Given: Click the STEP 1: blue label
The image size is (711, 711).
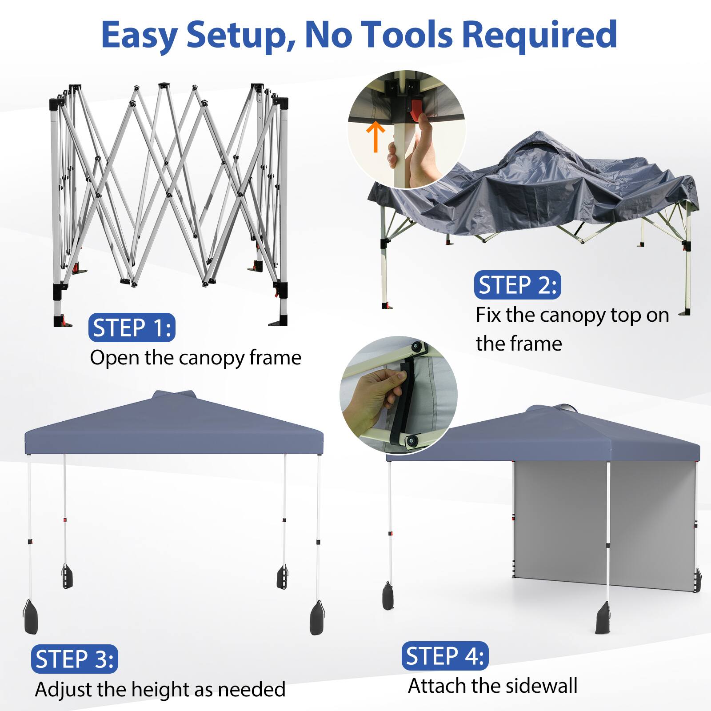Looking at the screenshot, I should coord(132,328).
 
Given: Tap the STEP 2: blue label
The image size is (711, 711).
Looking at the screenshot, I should coord(518,285).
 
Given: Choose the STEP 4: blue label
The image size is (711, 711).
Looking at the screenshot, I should coord(445,656).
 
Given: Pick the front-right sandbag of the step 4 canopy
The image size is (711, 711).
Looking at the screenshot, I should coord(603,618).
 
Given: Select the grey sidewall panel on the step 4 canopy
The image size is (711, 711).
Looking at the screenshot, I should coord(604,524).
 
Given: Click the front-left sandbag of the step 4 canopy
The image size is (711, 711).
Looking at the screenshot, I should coord(388,595).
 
